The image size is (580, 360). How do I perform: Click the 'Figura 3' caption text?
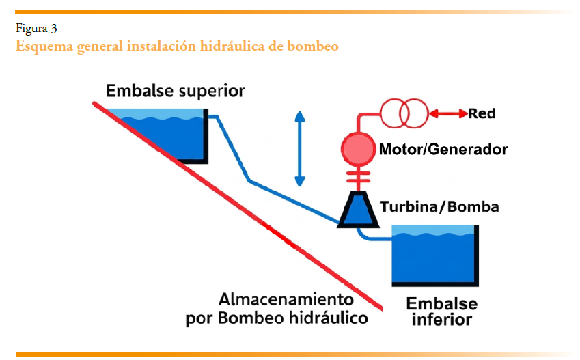click(x=36, y=29)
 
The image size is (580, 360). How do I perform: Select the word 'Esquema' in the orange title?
click(x=43, y=46)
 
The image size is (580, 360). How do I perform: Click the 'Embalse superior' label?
click(x=175, y=91)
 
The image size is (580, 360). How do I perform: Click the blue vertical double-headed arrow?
click(x=299, y=148)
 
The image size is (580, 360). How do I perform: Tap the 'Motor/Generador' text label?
click(x=443, y=149)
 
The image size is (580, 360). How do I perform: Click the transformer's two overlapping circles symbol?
click(x=403, y=113)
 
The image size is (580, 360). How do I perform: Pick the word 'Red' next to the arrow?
click(x=482, y=113)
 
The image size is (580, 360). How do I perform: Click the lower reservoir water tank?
click(x=434, y=260)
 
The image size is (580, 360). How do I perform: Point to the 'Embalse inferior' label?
click(x=441, y=311)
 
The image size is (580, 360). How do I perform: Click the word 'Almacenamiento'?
click(x=286, y=300)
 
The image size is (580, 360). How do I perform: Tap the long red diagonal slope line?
click(x=239, y=205)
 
